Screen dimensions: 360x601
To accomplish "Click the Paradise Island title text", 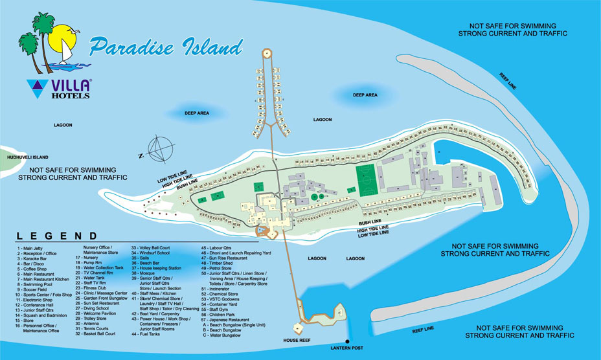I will [x=166, y=47].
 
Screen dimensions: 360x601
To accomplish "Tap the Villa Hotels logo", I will [x=60, y=89].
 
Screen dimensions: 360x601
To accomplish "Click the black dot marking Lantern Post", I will [x=347, y=341].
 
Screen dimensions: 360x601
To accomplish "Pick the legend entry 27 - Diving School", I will [x=99, y=308].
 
